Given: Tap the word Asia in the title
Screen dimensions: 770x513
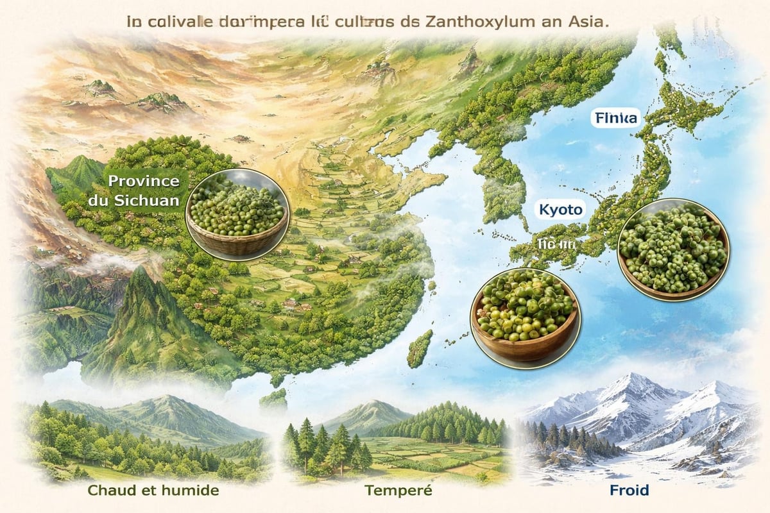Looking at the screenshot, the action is coord(583,21).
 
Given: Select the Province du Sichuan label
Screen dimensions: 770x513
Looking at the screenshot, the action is coord(144,190).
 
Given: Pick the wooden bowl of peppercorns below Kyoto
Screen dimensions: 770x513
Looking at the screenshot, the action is coord(525,314).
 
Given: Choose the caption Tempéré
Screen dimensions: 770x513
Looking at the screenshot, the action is coord(398,491).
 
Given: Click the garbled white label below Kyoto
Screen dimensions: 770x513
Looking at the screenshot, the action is coord(556,244).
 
